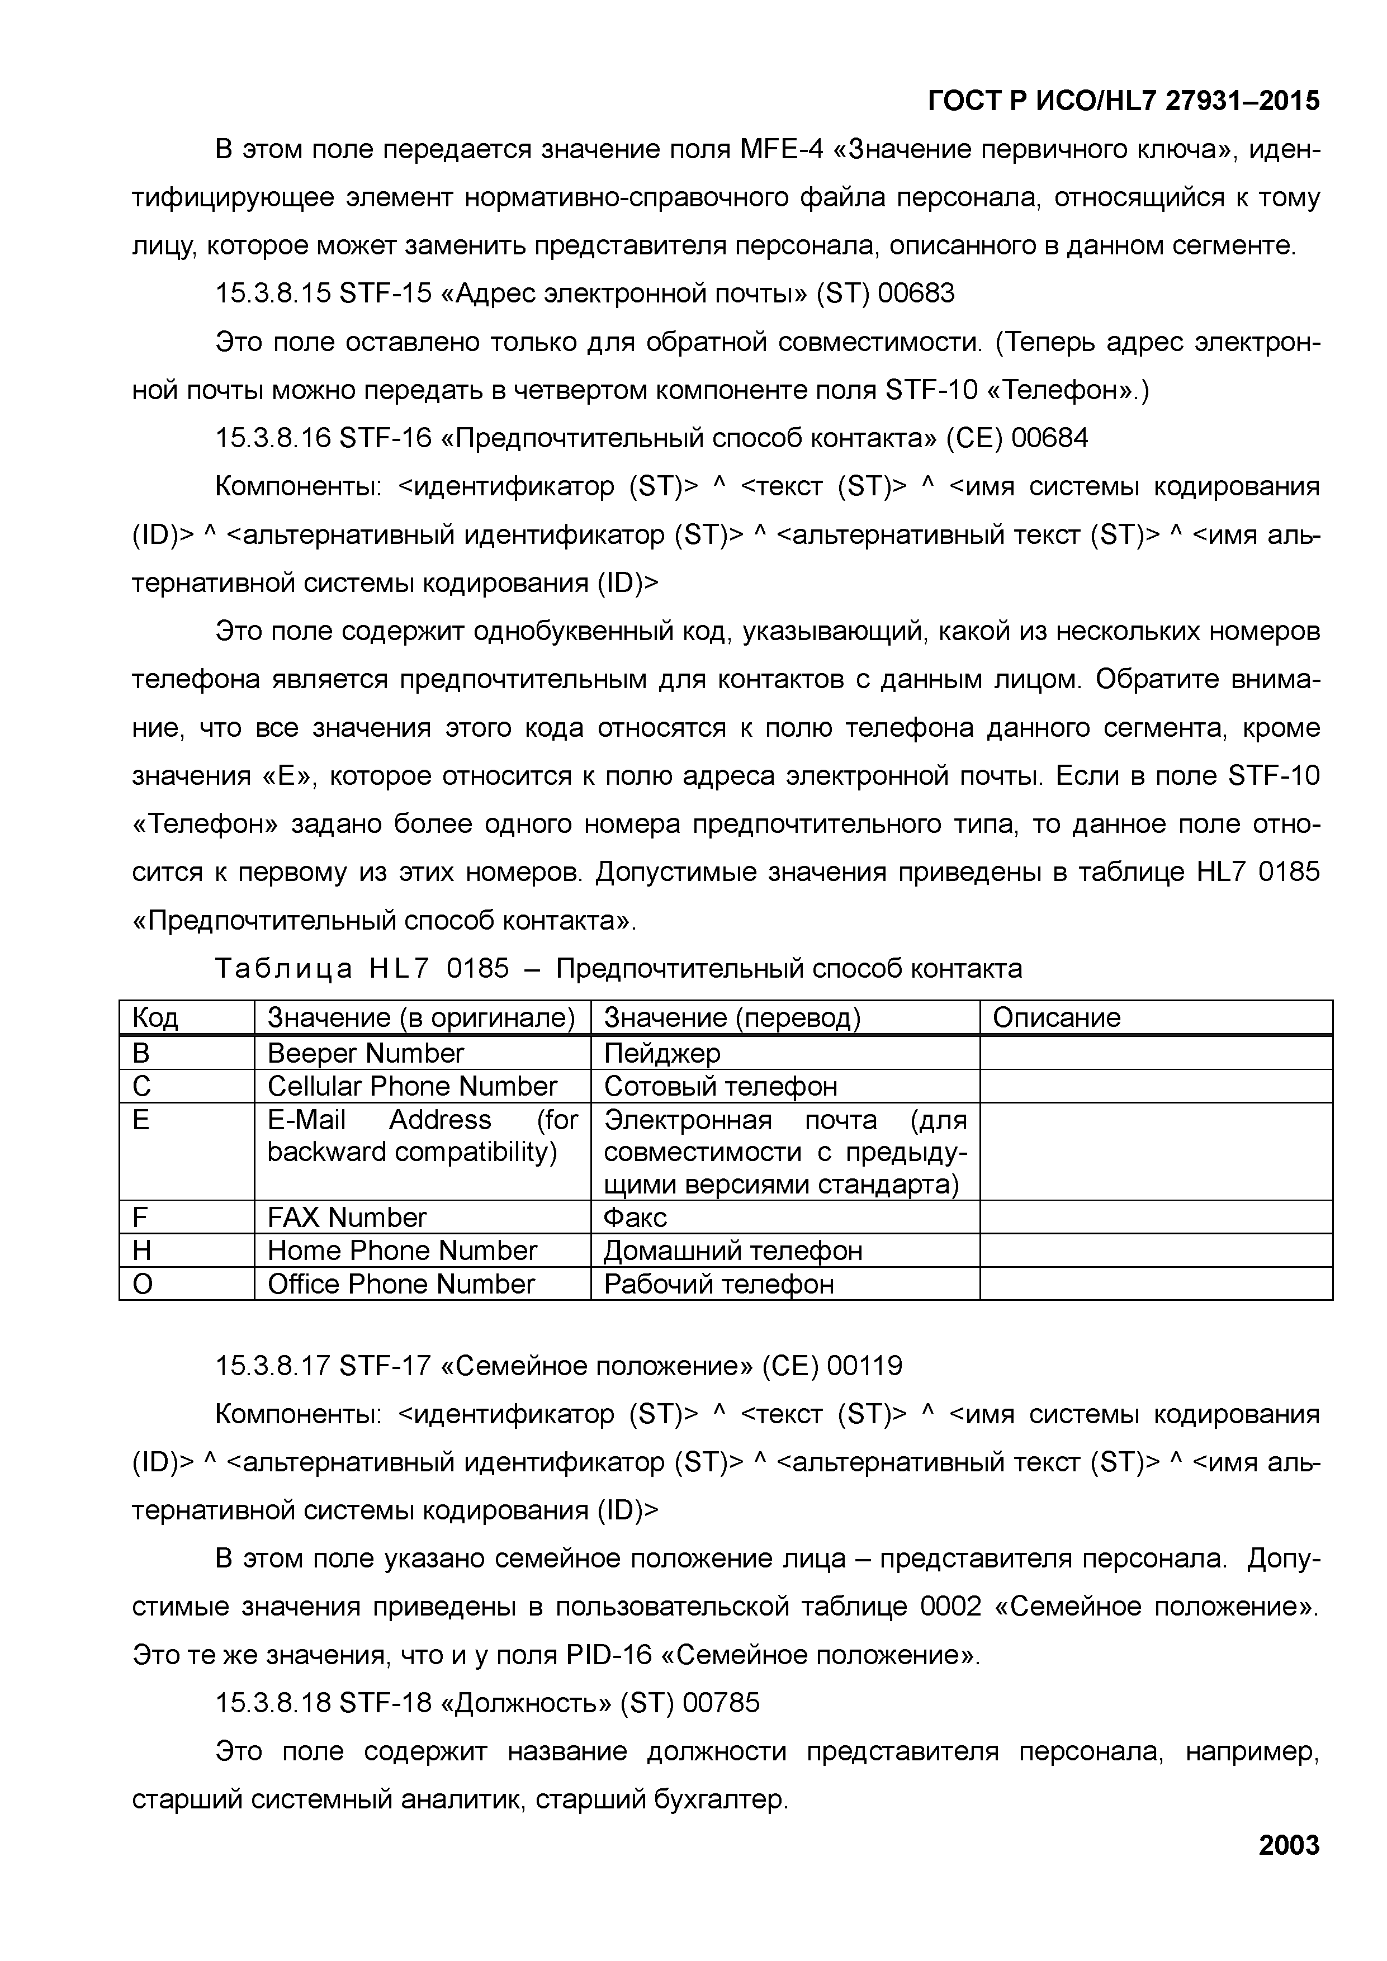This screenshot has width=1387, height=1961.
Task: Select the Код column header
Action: [x=155, y=1017]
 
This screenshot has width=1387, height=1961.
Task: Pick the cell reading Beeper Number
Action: [x=366, y=1053]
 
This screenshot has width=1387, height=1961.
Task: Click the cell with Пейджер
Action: [x=662, y=1053]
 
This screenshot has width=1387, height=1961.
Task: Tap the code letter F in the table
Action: [x=140, y=1217]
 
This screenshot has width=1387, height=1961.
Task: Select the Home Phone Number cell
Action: [x=403, y=1251]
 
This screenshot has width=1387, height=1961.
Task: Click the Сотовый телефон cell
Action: [x=720, y=1086]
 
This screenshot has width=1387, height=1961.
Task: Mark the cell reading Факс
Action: [x=635, y=1217]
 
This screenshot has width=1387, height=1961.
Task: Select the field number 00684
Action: [x=1050, y=438]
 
